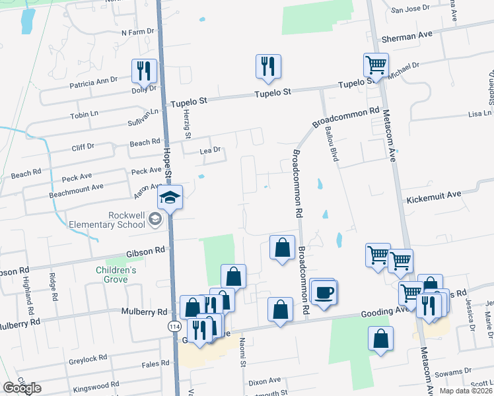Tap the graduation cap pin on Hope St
(170, 197)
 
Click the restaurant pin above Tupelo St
(268, 66)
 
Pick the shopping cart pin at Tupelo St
(375, 65)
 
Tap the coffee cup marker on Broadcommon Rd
(323, 292)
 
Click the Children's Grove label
(116, 275)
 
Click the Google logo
(21, 388)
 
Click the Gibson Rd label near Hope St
(145, 251)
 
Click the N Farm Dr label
(137, 31)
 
